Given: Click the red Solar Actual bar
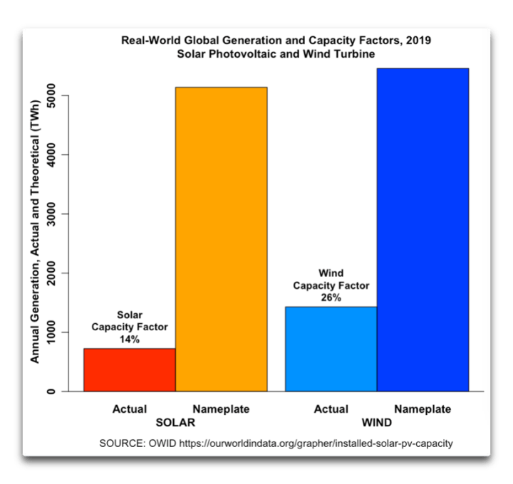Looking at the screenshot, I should pyautogui.click(x=129, y=369).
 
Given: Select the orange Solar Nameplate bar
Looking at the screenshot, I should pyautogui.click(x=221, y=239).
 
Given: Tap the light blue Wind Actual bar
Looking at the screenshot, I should pyautogui.click(x=331, y=349).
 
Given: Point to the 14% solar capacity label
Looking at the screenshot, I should pyautogui.click(x=129, y=340).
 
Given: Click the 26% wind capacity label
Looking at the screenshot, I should pyautogui.click(x=331, y=298).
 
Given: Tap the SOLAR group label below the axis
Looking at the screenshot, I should pyautogui.click(x=175, y=422).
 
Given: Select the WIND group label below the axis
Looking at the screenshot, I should pyautogui.click(x=376, y=422).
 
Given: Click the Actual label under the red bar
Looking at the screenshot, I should pyautogui.click(x=129, y=409).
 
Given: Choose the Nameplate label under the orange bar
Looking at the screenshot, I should pyautogui.click(x=221, y=409).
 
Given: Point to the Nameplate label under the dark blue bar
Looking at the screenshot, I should pyautogui.click(x=423, y=409).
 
